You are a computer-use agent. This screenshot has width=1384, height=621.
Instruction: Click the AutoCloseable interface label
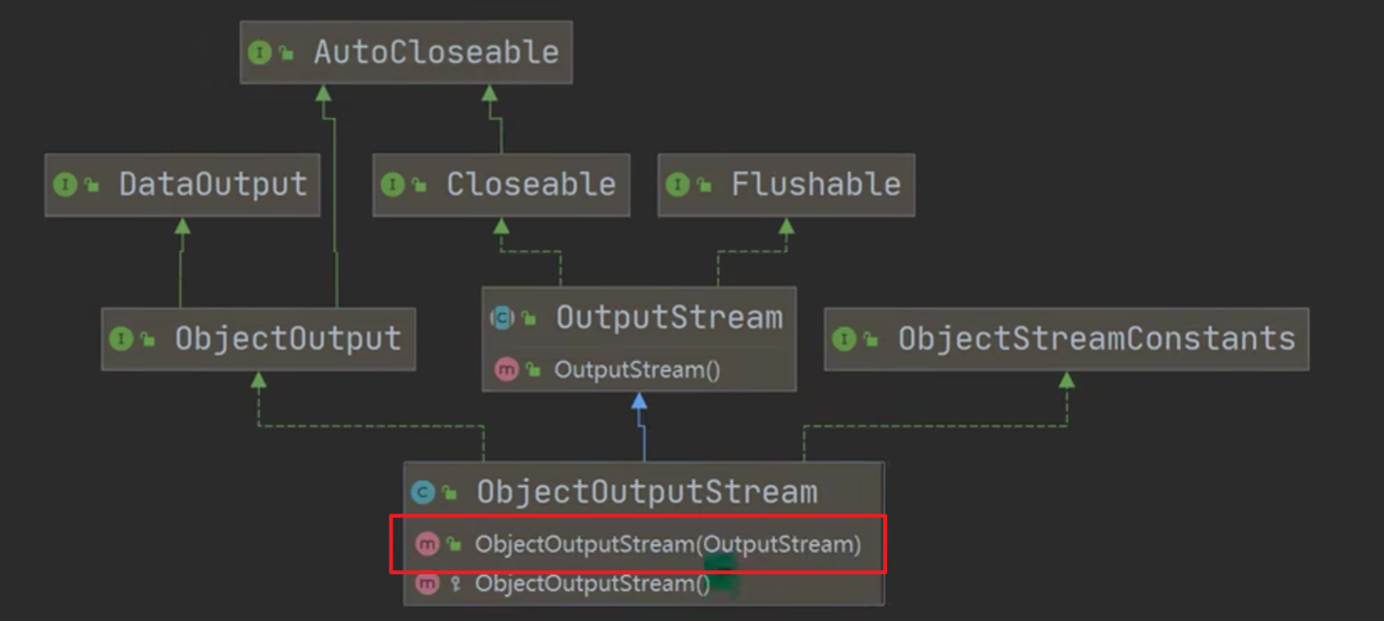pos(436,52)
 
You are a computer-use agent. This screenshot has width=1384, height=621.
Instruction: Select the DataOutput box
pos(182,184)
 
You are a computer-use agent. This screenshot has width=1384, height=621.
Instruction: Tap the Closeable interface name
pos(531,184)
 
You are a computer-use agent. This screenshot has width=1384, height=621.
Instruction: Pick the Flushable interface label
pos(815,184)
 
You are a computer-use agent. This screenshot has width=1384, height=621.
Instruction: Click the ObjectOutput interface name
pos(287,338)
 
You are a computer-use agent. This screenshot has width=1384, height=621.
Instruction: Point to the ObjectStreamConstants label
pos(1096,338)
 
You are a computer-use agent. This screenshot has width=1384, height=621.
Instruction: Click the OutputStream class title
pos(669,318)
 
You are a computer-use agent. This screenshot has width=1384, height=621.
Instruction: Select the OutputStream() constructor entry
pos(637,369)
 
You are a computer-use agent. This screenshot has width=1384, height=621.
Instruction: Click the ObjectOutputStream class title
pos(647,492)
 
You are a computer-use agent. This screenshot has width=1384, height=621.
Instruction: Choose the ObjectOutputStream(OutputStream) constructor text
pos(668,544)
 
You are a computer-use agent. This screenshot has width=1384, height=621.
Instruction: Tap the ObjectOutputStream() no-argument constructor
pos(592,583)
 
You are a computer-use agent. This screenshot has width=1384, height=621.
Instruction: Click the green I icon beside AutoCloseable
pos(260,53)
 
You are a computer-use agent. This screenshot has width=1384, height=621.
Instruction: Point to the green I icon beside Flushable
pos(677,184)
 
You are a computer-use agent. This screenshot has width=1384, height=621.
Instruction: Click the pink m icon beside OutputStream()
pos(506,369)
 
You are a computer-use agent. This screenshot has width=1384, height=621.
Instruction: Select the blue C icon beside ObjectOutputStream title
pos(422,493)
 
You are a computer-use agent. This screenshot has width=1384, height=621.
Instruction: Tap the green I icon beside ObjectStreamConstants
pos(844,338)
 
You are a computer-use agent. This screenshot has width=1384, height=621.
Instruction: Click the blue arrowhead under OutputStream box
pos(639,400)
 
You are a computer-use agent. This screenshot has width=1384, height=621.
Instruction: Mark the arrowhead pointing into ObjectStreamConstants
pos(1066,379)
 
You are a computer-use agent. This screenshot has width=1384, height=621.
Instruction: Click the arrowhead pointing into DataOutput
pos(182,225)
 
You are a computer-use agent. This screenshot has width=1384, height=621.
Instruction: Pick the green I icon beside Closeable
pos(392,184)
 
